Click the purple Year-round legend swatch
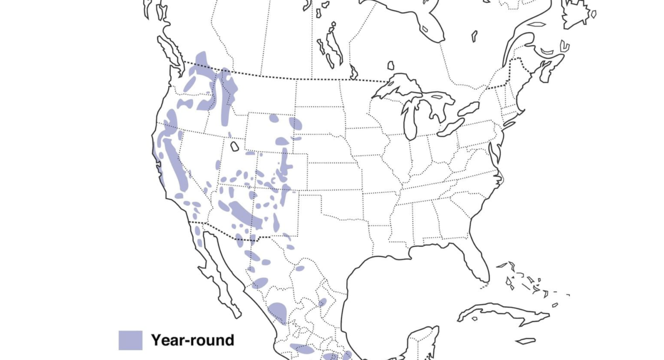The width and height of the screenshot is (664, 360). coord(130,340)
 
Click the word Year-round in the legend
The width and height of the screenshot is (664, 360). coord(192,340)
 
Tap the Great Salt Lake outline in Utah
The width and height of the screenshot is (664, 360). coord(234,147)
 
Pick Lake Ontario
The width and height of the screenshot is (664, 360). coord(469,108)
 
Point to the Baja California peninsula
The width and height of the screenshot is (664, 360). coord(220,277)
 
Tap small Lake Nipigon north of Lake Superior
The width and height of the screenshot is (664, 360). coord(391,65)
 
